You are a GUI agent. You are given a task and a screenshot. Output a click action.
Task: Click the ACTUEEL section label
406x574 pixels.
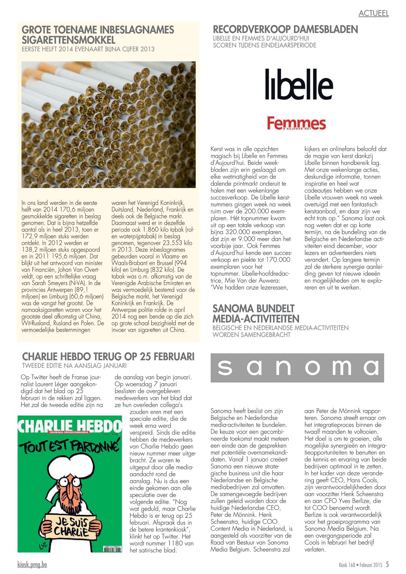pyautogui.click(x=373, y=13)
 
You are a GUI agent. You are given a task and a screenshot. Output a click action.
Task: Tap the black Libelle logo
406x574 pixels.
pyautogui.click(x=299, y=84)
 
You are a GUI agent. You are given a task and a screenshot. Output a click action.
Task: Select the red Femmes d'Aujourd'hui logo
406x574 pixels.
pyautogui.click(x=296, y=124)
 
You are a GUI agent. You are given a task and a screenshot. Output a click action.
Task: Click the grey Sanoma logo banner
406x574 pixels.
pyautogui.click(x=297, y=368)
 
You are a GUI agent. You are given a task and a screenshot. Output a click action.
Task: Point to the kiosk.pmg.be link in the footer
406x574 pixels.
pyautogui.click(x=32, y=564)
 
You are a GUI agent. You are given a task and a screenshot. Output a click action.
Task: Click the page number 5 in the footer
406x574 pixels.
pyautogui.click(x=387, y=564)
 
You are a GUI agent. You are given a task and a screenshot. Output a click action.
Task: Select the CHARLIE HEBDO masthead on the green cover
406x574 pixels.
pyautogui.click(x=70, y=426)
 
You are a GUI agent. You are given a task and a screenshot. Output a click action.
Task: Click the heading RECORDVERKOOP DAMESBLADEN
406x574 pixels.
pyautogui.click(x=285, y=29)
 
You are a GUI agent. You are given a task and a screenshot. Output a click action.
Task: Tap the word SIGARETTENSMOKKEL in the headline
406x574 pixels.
pyautogui.click(x=68, y=40)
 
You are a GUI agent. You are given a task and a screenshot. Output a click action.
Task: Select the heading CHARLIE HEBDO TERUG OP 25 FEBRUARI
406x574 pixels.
pyautogui.click(x=108, y=356)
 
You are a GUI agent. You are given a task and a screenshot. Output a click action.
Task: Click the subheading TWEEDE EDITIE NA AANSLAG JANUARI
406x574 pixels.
pyautogui.click(x=74, y=365)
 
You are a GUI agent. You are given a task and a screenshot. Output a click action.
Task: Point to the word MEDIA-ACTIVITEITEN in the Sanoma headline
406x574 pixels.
pyautogui.click(x=256, y=319)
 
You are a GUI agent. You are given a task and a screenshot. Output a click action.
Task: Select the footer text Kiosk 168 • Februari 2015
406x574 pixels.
pyautogui.click(x=361, y=565)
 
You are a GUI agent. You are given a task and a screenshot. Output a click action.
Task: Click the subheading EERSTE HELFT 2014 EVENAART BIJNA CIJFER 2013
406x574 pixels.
pyautogui.click(x=88, y=49)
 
